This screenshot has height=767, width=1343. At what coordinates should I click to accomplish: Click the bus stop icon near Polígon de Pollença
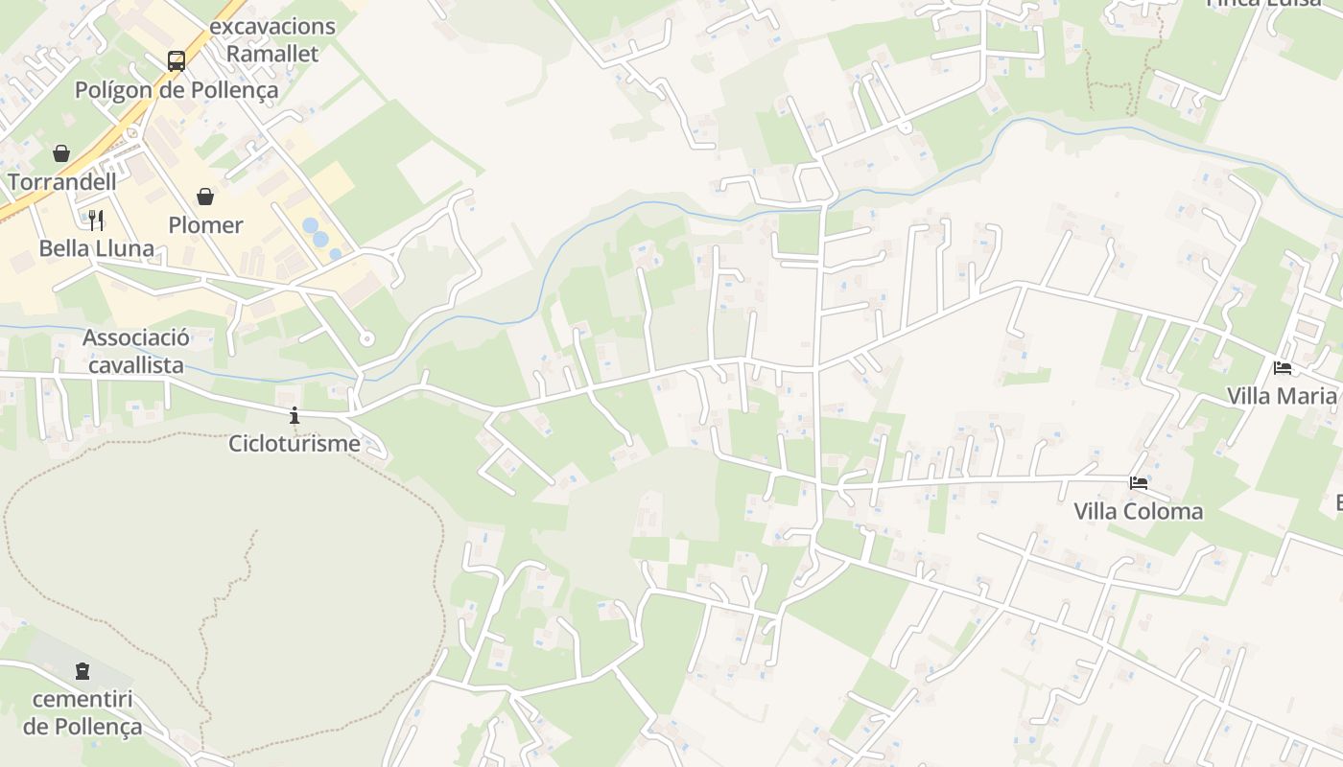177,61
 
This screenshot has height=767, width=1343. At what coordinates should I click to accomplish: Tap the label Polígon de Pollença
177,90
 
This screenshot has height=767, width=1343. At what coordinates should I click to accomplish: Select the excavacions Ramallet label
272,40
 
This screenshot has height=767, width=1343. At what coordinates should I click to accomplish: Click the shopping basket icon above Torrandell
61,153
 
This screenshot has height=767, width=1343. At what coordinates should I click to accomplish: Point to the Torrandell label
62,181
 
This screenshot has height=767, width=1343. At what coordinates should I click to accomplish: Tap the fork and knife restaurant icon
96,221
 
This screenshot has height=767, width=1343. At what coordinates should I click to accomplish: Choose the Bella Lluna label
96,249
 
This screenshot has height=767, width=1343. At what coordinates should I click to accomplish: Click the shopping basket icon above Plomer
205,197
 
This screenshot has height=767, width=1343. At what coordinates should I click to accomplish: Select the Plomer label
205,225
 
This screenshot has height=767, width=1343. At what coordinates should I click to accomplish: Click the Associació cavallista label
136,351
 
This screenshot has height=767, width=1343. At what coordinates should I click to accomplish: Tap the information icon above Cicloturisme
295,415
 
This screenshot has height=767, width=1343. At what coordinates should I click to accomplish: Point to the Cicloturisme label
295,444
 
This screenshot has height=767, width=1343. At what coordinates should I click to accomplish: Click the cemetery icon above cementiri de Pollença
82,670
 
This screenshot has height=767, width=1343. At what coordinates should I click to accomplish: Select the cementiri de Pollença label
82,712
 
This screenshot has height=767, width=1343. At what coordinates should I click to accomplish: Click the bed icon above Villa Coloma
1139,482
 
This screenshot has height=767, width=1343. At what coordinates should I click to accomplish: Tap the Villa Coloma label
1139,511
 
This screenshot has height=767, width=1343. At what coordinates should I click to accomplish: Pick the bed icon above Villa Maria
1283,367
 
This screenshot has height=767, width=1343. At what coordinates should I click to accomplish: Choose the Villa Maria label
1283,396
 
